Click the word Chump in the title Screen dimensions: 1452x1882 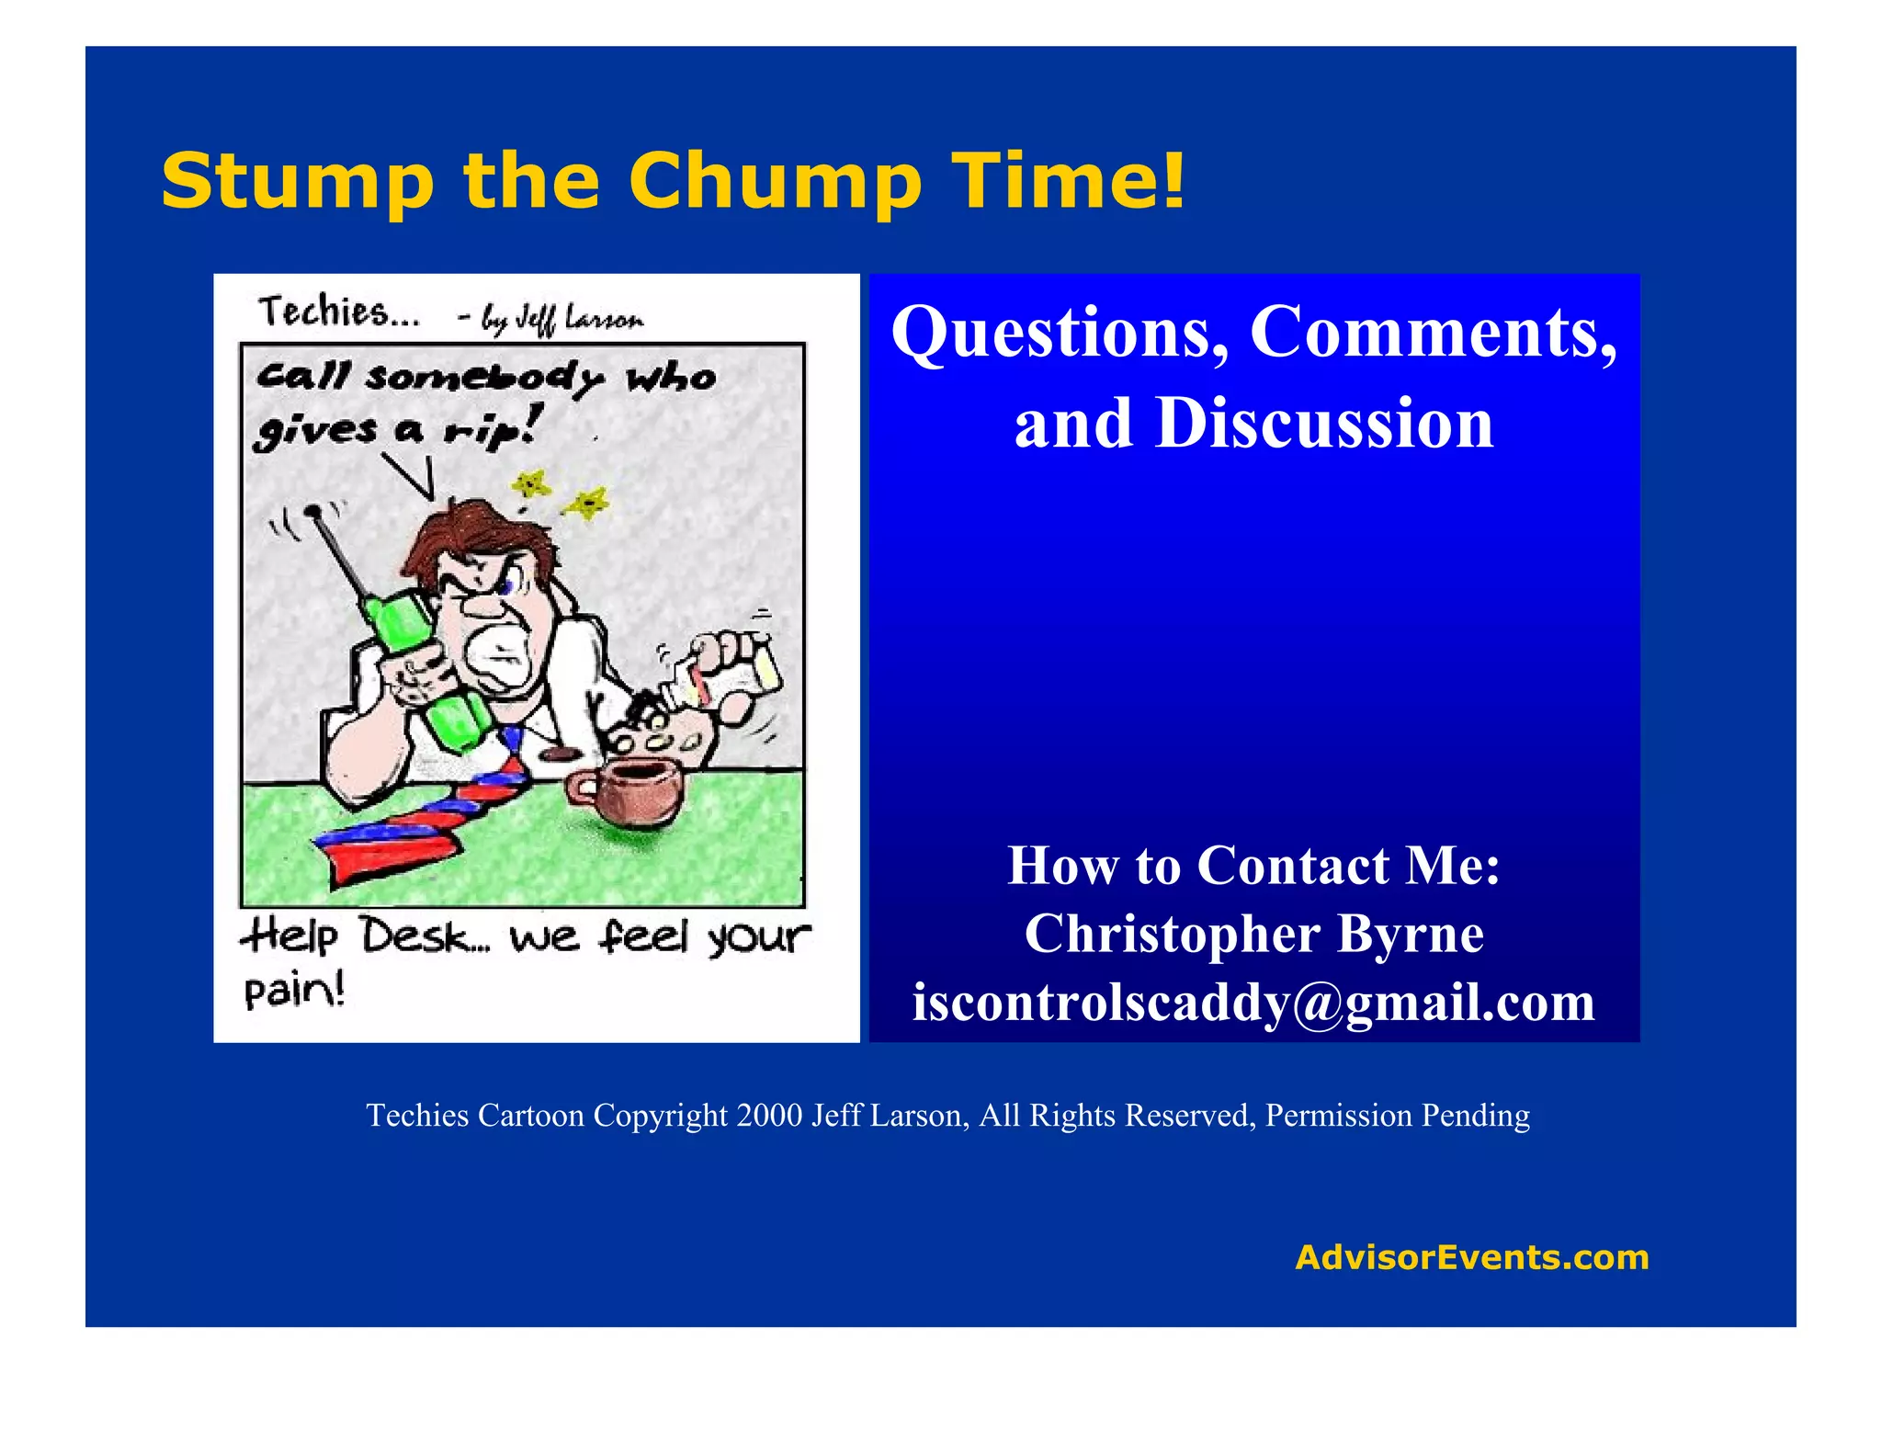click(775, 181)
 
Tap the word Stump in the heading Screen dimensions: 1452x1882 click(296, 181)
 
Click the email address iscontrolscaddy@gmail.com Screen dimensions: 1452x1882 click(1253, 1002)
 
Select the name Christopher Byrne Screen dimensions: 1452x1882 click(1253, 934)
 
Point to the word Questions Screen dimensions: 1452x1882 click(1060, 333)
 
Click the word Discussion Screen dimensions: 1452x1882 click(1324, 425)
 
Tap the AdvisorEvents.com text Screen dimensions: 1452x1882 click(1471, 1256)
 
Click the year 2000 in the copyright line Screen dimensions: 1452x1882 click(769, 1116)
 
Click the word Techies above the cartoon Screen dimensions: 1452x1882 click(337, 312)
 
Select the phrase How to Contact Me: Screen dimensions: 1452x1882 click(1253, 866)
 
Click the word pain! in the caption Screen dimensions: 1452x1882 click(294, 991)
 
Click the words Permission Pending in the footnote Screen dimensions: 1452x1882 click(1397, 1116)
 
